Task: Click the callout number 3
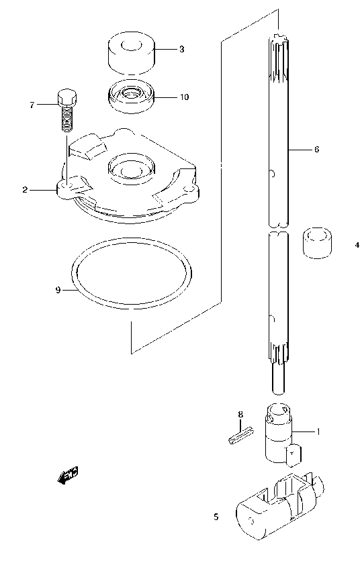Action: [181, 50]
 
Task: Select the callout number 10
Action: [183, 97]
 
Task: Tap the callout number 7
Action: [32, 105]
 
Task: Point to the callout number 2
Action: [25, 190]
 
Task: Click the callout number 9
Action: [58, 290]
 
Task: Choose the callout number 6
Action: [316, 150]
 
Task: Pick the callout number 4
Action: [357, 246]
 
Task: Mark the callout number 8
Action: [240, 414]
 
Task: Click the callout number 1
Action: [318, 431]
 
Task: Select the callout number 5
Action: [216, 517]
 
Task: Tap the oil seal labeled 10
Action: [132, 97]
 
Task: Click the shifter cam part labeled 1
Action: [278, 436]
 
